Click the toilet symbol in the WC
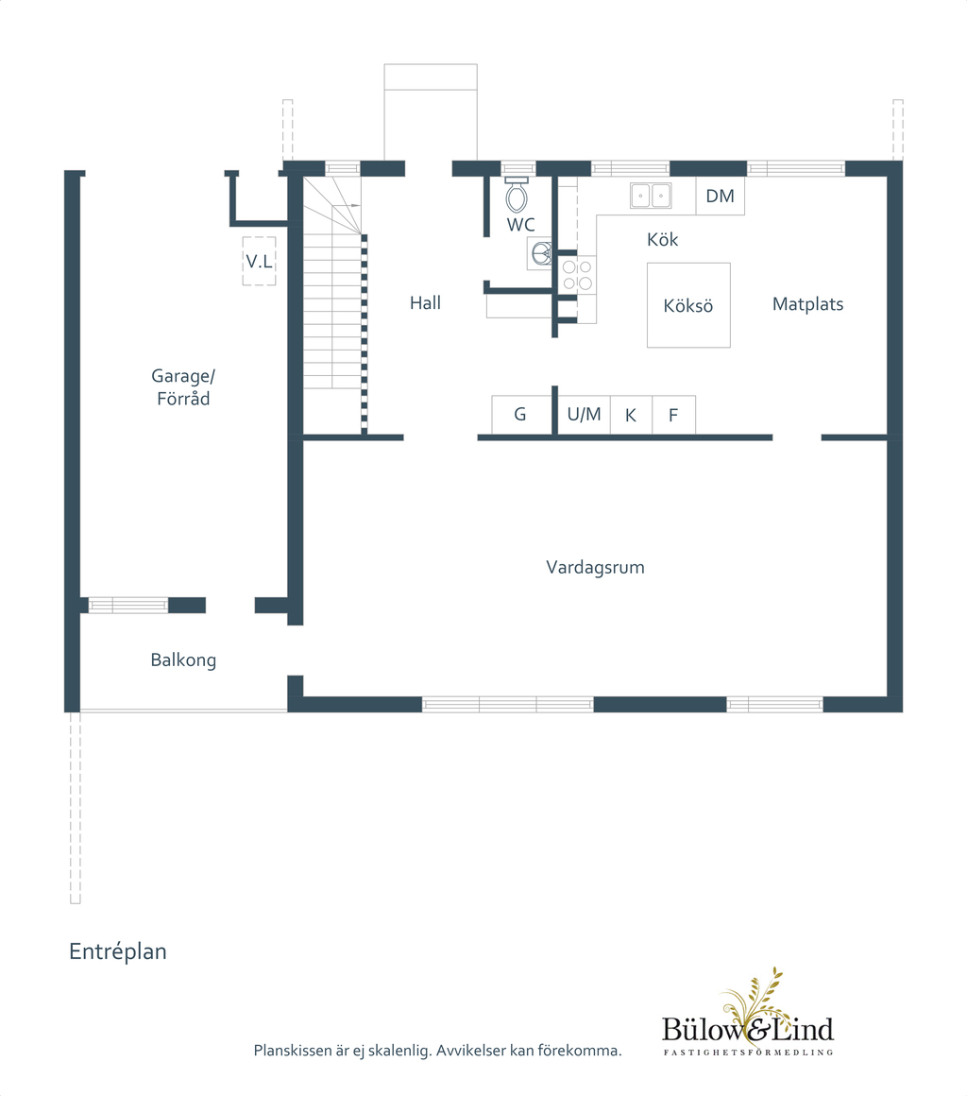click(x=517, y=195)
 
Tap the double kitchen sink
click(x=651, y=196)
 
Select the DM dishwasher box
click(x=720, y=196)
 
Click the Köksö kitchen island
click(x=688, y=305)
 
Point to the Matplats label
click(x=807, y=304)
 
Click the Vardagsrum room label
click(x=595, y=567)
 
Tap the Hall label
click(x=425, y=302)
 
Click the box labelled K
click(x=631, y=415)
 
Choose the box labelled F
click(x=673, y=415)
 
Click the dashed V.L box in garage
click(x=259, y=262)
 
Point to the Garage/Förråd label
click(x=183, y=387)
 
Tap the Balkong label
click(x=183, y=659)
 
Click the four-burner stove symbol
click(x=578, y=275)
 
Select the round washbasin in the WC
click(x=541, y=253)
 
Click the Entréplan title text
click(x=117, y=951)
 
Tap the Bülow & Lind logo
click(x=748, y=1015)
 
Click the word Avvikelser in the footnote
click(x=471, y=1051)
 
